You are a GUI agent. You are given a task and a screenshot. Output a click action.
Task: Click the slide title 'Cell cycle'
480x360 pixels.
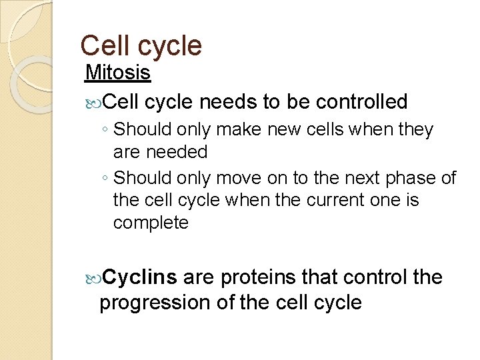point(141,45)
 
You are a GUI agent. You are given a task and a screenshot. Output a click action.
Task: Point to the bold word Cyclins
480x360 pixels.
point(140,277)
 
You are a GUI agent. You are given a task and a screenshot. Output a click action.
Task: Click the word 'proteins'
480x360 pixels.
point(255,277)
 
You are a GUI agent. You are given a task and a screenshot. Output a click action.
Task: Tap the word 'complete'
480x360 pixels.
point(151,223)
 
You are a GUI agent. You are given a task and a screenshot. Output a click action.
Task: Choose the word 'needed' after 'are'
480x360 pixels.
point(179,152)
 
